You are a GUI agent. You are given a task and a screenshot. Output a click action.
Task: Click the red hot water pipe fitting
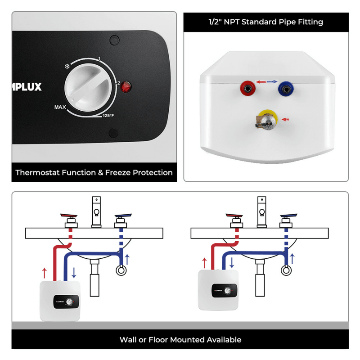click(247, 86)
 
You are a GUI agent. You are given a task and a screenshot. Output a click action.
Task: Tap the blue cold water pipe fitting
click(284, 86)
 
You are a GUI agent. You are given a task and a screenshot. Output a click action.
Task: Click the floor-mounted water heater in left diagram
click(60, 300)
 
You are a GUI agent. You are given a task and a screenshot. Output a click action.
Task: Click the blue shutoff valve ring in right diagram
click(285, 270)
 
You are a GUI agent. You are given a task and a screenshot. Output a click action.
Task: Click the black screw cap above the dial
click(114, 40)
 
